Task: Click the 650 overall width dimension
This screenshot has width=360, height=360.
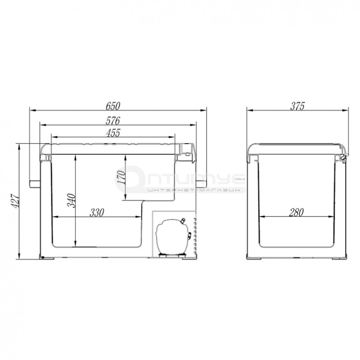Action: [x=113, y=106]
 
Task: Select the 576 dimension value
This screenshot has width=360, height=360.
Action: [x=113, y=121]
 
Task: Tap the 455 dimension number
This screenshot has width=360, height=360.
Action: [x=113, y=133]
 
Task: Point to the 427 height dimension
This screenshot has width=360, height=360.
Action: [x=16, y=201]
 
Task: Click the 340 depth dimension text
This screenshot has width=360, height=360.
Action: [x=72, y=200]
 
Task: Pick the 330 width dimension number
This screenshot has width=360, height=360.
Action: [x=97, y=212]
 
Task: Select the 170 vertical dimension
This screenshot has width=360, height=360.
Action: [x=121, y=177]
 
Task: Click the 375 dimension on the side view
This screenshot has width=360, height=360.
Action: [x=297, y=106]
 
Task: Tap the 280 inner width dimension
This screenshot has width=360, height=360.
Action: [x=297, y=212]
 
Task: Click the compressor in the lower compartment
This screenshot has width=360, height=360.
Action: [x=173, y=237]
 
